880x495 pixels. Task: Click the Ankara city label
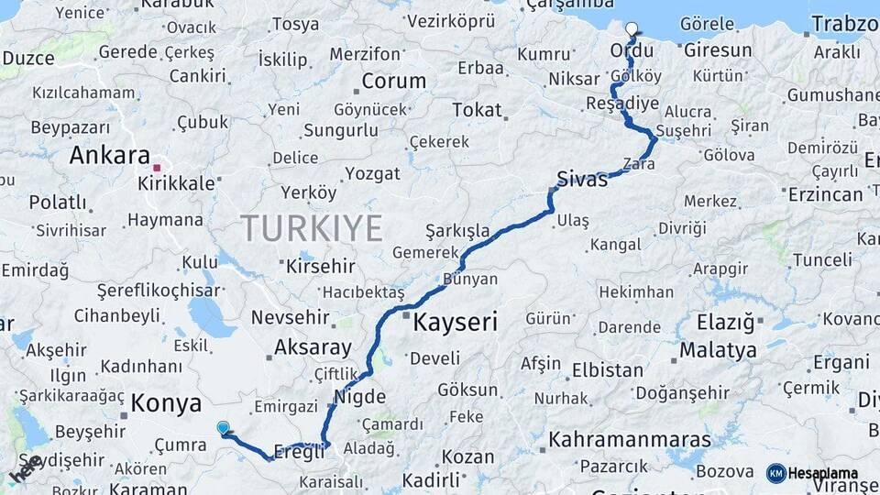tap(109, 154)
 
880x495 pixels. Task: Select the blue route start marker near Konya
tap(223, 427)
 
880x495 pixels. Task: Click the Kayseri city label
tap(456, 322)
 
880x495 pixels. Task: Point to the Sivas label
tap(582, 179)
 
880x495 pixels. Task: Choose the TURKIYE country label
tap(311, 227)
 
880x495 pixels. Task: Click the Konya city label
tap(166, 402)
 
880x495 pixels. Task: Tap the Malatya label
tap(718, 350)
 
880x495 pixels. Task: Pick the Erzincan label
tap(825, 194)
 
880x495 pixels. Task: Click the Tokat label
tap(477, 110)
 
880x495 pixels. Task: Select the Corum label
tap(393, 81)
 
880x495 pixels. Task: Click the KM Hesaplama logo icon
tap(775, 473)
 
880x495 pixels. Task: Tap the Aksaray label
tap(313, 347)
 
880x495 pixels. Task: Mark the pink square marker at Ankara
tap(157, 168)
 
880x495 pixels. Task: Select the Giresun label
tap(718, 50)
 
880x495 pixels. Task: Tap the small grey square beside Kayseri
tap(406, 316)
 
